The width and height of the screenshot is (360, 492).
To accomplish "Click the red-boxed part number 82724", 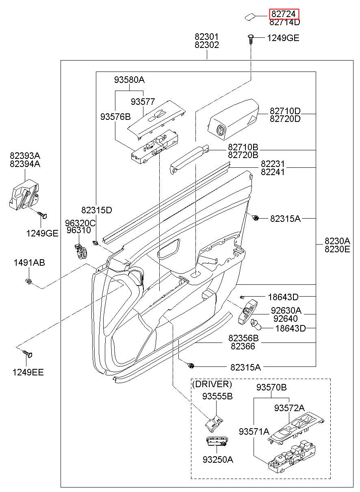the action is pyautogui.click(x=284, y=14).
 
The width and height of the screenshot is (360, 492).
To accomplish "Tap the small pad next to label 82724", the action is pyautogui.click(x=250, y=17).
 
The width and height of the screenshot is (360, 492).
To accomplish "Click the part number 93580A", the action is pyautogui.click(x=129, y=80).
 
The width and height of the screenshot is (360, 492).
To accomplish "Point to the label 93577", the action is pyautogui.click(x=143, y=102).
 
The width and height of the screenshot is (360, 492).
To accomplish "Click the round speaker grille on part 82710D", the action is pyautogui.click(x=220, y=130).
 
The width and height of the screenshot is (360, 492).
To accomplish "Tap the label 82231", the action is pyautogui.click(x=273, y=164).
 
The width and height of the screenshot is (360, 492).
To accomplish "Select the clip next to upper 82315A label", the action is pyautogui.click(x=256, y=218).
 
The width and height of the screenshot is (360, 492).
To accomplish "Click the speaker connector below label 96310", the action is pyautogui.click(x=80, y=251).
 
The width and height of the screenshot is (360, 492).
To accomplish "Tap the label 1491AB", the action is pyautogui.click(x=29, y=262).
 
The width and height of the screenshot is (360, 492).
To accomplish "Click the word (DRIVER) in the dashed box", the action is pyautogui.click(x=212, y=384).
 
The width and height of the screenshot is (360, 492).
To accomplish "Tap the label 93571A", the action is pyautogui.click(x=254, y=431).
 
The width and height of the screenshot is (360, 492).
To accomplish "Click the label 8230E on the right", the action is pyautogui.click(x=337, y=249).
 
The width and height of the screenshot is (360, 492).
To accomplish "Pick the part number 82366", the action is pyautogui.click(x=243, y=347).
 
